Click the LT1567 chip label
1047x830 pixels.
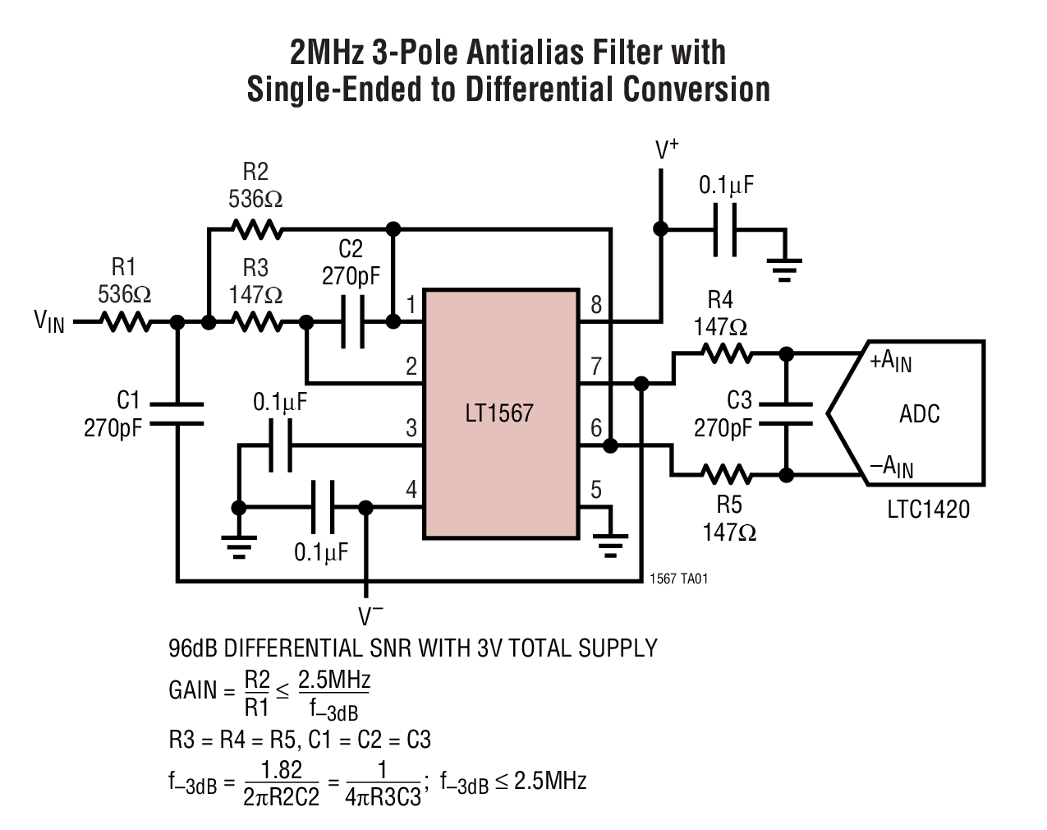pos(498,413)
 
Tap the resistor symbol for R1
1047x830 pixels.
pos(126,322)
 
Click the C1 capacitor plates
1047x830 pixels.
pos(177,413)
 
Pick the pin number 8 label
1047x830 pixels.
pos(596,306)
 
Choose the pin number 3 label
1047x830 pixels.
pos(411,428)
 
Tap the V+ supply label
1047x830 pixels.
pos(666,150)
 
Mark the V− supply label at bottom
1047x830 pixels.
pos(370,615)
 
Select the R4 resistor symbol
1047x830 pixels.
pos(726,353)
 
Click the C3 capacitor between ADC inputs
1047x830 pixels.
pos(786,413)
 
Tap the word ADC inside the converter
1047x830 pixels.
pos(919,413)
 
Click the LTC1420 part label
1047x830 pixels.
pos(928,510)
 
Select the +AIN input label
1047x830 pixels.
pos(891,361)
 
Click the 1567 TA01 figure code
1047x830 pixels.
pos(677,579)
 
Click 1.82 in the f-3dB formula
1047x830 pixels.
pos(281,770)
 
